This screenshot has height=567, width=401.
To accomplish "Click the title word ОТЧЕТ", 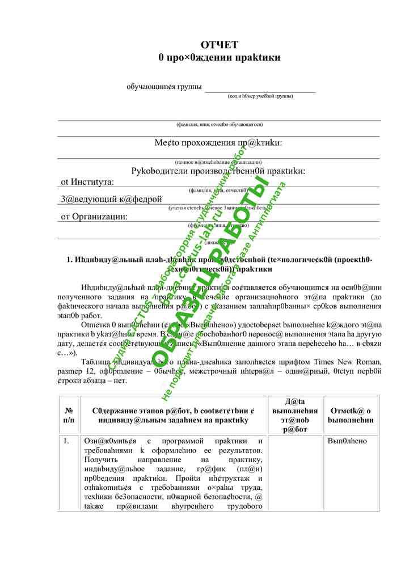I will point(220,45).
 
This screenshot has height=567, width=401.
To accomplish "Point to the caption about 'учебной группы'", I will point(260,96).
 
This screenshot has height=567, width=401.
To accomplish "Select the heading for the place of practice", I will point(218,143).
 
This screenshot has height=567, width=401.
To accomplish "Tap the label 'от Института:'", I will point(87,182).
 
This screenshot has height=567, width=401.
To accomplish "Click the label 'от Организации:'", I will point(94,217).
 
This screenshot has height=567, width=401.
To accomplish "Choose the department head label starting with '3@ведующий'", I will point(111,199).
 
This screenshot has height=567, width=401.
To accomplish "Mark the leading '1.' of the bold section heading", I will point(70,260).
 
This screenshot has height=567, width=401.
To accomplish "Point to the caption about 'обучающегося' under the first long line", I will point(219,124).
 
